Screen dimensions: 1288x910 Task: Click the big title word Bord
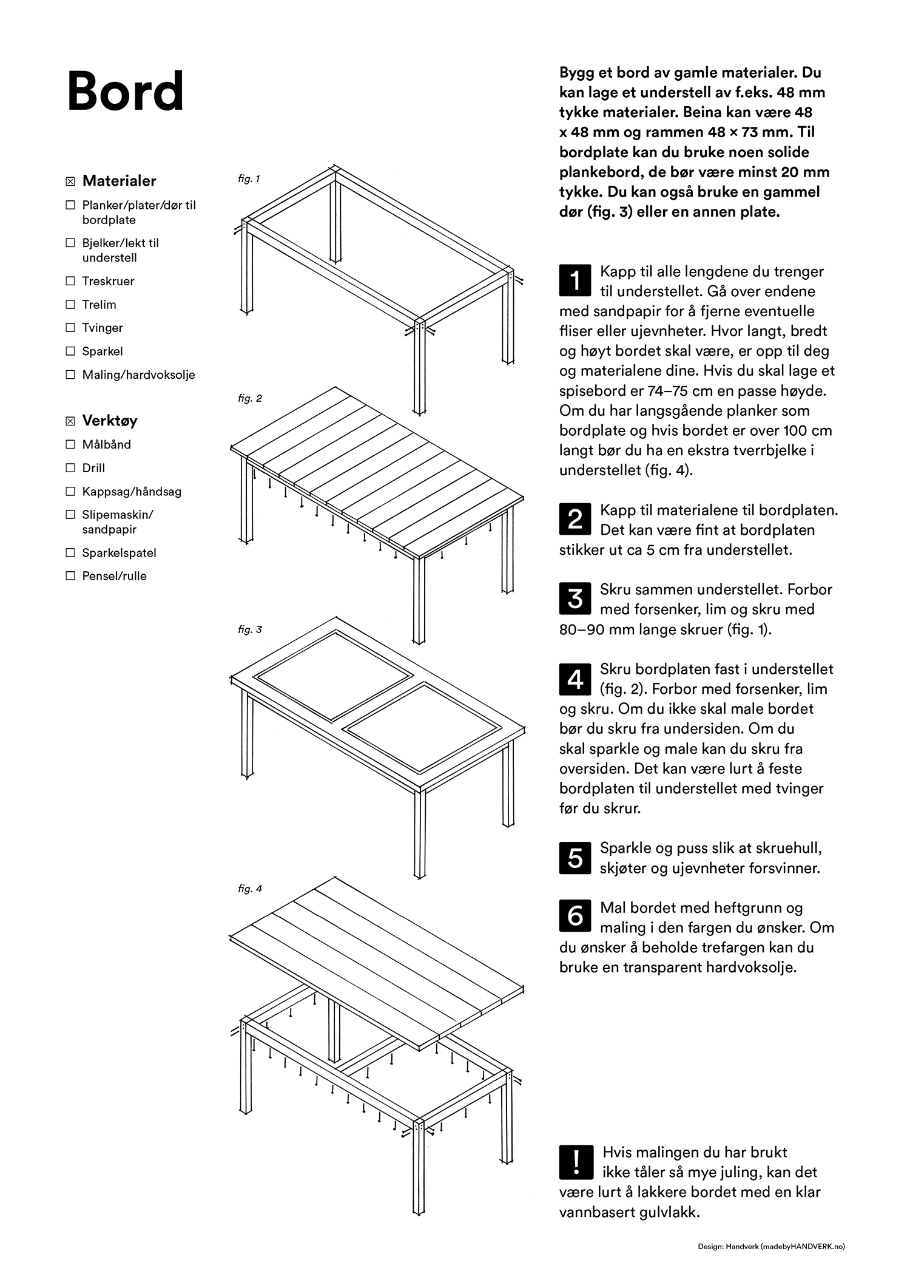tap(125, 92)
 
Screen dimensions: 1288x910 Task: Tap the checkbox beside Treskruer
tap(70, 281)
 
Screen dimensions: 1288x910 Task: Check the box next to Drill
tap(70, 468)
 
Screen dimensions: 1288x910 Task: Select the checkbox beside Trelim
tap(70, 305)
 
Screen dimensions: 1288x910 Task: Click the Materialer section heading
tap(119, 181)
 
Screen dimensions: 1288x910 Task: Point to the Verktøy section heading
tap(109, 421)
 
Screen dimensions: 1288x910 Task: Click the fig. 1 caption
tap(249, 179)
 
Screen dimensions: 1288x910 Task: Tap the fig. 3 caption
tap(250, 629)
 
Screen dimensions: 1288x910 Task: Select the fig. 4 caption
tap(250, 889)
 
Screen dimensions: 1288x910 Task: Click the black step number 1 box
tap(575, 280)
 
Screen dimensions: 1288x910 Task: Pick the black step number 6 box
tap(575, 915)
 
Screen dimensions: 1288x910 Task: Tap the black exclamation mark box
tap(575, 1160)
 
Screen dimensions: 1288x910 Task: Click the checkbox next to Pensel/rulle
tap(70, 576)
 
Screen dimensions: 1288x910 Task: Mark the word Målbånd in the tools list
tap(107, 445)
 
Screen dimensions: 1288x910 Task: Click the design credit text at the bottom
tap(770, 1247)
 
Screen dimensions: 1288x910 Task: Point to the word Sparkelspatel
tap(119, 553)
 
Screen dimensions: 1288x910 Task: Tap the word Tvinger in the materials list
tap(103, 328)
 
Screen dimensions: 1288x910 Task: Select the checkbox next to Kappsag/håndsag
tap(70, 492)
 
